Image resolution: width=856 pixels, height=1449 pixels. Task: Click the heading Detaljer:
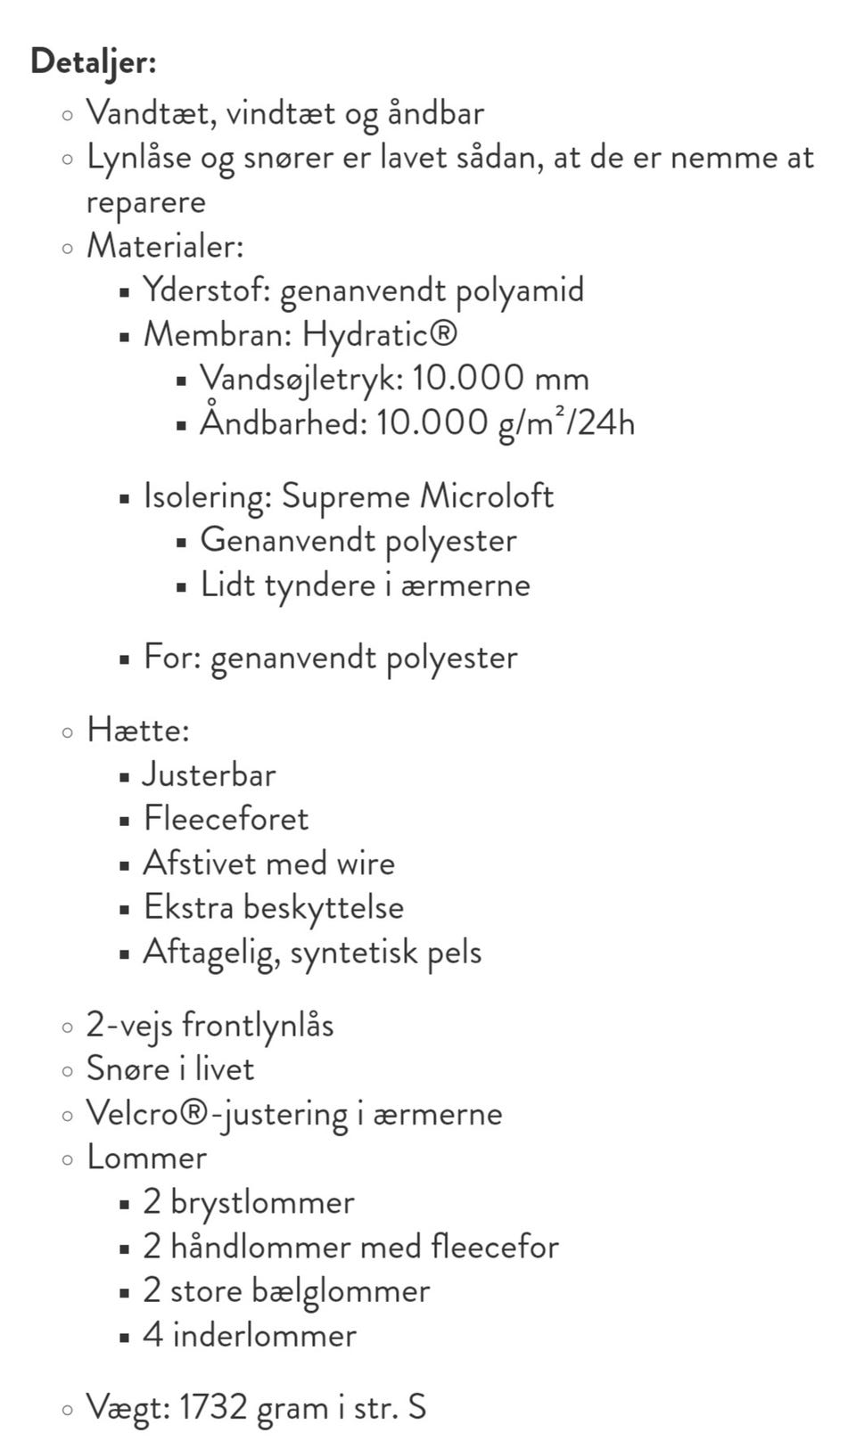coord(93,63)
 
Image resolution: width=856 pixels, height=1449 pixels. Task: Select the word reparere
coord(145,202)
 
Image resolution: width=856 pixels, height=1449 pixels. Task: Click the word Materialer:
coord(165,246)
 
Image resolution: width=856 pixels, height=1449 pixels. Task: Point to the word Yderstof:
coord(207,291)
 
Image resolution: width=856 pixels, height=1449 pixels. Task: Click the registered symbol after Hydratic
coord(443,334)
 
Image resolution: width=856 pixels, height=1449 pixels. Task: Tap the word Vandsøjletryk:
coord(301,379)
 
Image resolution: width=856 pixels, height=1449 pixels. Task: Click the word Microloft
coord(487,496)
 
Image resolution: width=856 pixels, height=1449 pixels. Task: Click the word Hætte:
coord(138,731)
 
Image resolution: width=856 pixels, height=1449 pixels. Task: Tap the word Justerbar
coord(210,774)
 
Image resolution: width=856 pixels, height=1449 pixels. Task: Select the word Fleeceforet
coord(226,819)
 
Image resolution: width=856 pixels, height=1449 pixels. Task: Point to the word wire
coord(366,864)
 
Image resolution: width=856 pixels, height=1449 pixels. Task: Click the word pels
coord(455,953)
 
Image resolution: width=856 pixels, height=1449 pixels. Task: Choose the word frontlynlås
coord(258,1026)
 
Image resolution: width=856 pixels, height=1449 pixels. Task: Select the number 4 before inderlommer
coord(152,1336)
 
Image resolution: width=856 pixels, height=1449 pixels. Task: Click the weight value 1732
coord(212,1408)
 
